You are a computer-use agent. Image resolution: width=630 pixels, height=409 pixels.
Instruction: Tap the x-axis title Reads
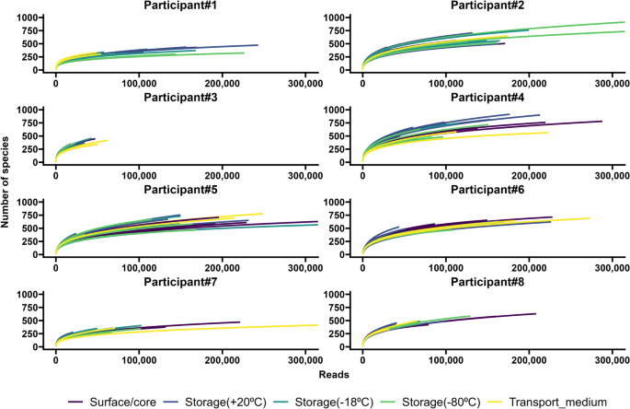pyautogui.click(x=335, y=374)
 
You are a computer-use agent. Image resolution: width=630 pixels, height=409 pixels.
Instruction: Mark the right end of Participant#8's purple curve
pyautogui.click(x=535, y=314)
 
